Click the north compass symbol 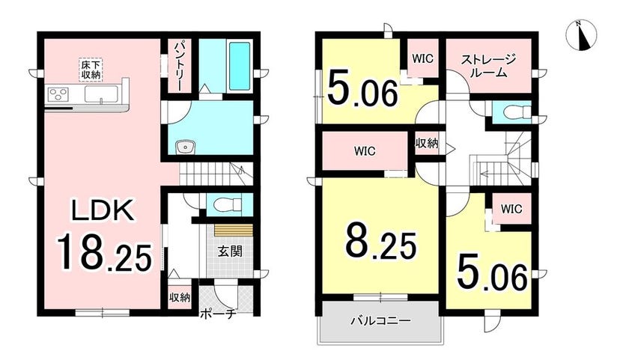(x=582, y=35)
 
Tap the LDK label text (x=103, y=210)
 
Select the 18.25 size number (x=104, y=254)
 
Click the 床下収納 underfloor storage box (x=91, y=70)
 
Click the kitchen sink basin (x=100, y=95)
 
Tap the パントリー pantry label (x=178, y=65)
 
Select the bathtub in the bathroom (x=240, y=66)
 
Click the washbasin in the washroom (x=186, y=147)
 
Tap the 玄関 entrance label (x=230, y=251)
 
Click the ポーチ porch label (x=217, y=314)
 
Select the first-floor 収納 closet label (x=179, y=297)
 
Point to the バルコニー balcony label (x=380, y=321)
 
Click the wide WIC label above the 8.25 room (x=365, y=151)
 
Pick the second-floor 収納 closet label (x=427, y=144)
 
